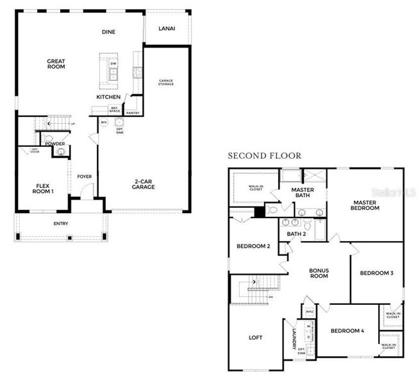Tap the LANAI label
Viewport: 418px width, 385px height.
[167, 28]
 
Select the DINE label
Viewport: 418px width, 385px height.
[108, 32]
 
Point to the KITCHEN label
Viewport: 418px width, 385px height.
[108, 97]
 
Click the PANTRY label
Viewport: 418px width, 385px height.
[133, 114]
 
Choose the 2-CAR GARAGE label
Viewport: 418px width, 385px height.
[144, 184]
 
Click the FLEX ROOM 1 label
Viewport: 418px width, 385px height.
[44, 188]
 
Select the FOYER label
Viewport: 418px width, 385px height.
[84, 176]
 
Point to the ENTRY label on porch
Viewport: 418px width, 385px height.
[61, 224]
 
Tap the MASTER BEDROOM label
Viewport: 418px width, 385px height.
[365, 205]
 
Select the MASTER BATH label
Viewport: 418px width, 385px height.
[301, 193]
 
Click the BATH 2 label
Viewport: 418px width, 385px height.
[296, 234]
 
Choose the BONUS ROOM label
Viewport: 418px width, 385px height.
[319, 273]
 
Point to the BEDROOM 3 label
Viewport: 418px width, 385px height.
[376, 273]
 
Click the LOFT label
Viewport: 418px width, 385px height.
[255, 338]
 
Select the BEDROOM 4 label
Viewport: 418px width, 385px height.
[347, 331]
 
